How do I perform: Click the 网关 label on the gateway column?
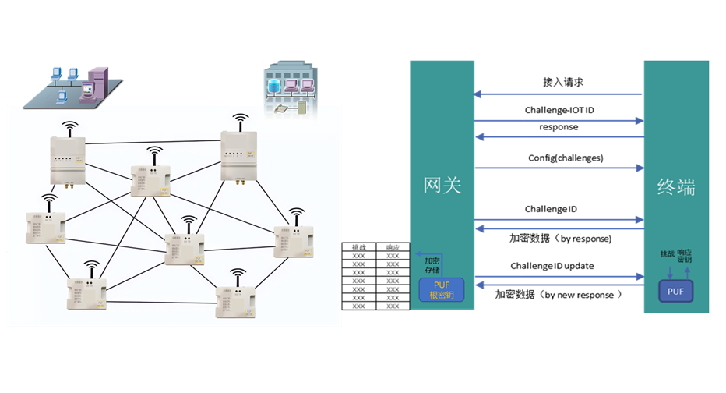pos(442,186)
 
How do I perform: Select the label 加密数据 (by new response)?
pos(559,295)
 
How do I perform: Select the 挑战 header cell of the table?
pos(358,246)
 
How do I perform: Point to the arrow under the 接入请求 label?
pos(559,94)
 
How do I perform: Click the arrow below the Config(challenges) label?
pos(559,168)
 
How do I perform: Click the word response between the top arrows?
pos(559,127)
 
